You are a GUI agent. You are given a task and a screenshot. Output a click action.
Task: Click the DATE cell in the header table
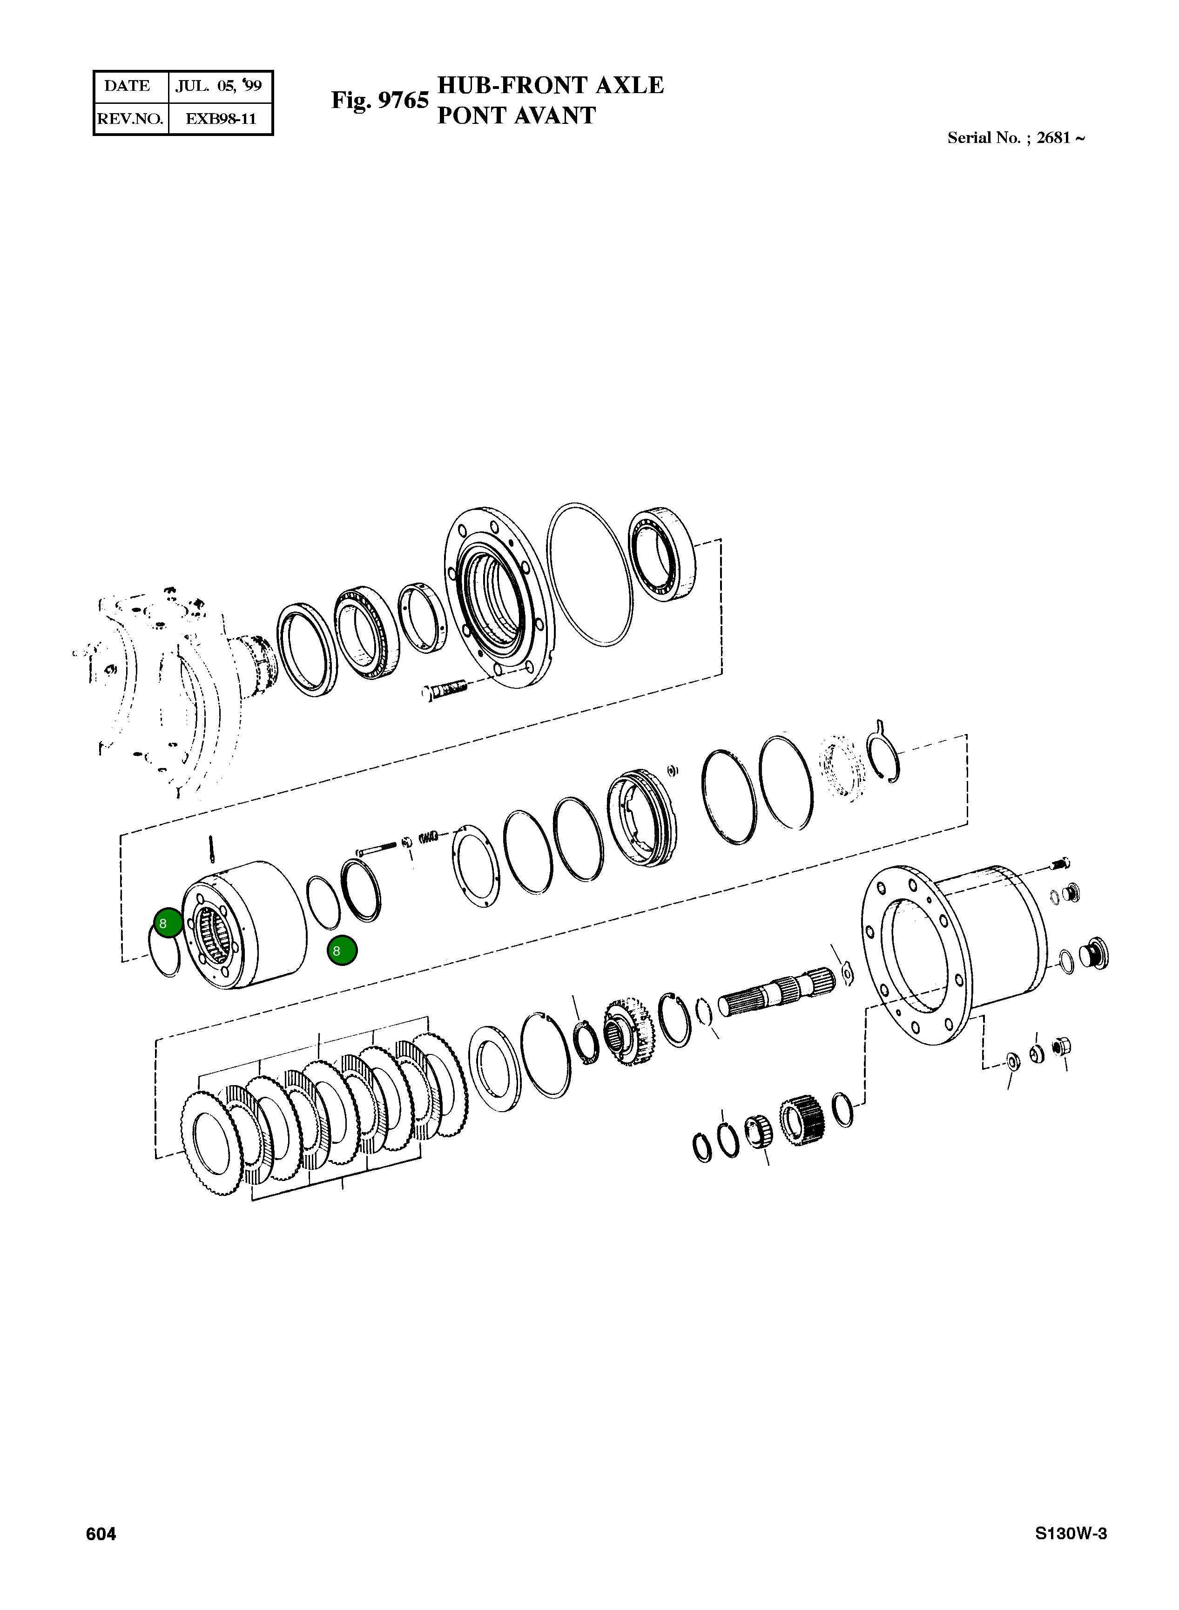pyautogui.click(x=127, y=86)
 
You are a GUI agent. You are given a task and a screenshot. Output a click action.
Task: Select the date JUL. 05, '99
pyautogui.click(x=219, y=86)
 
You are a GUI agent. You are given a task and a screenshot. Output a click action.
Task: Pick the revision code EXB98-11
pyautogui.click(x=221, y=118)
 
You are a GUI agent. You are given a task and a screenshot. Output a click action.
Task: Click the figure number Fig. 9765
pyautogui.click(x=380, y=100)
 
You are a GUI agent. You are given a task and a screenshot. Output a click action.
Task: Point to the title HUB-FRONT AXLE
pyautogui.click(x=550, y=85)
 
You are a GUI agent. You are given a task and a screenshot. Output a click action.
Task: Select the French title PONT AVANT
pyautogui.click(x=516, y=115)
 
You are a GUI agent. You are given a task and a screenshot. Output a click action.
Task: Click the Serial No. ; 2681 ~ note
pyautogui.click(x=1016, y=138)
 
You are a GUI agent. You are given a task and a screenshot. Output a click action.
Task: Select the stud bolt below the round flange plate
pyautogui.click(x=445, y=690)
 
